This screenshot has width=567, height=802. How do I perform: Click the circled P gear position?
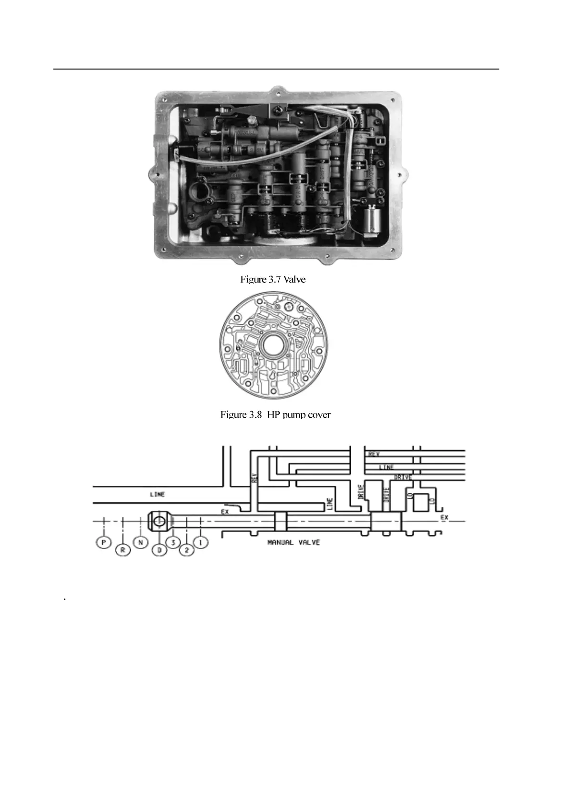[x=103, y=542]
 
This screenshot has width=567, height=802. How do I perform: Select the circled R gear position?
[x=123, y=551]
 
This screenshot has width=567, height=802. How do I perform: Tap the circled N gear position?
[x=141, y=542]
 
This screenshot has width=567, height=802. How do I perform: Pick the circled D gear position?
[x=159, y=551]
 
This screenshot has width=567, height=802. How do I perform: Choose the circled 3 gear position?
[x=173, y=542]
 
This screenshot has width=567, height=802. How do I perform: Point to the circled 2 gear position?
[x=187, y=551]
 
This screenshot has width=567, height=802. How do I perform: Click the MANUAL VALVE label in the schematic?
[x=294, y=542]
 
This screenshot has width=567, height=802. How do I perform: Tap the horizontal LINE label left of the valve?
[x=157, y=494]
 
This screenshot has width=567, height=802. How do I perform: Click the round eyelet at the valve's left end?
[x=159, y=522]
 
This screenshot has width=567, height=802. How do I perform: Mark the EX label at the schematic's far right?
[x=444, y=517]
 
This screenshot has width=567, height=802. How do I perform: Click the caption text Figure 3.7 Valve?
[x=273, y=280]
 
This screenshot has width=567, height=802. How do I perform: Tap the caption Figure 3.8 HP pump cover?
[x=275, y=415]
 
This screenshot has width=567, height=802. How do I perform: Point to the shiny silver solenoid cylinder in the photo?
[x=373, y=221]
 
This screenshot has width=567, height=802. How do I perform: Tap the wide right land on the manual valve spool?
[x=386, y=522]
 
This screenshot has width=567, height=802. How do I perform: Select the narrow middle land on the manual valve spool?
[x=281, y=522]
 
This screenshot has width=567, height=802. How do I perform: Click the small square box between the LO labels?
[x=420, y=503]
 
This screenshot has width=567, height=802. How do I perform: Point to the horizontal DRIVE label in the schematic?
[x=403, y=477]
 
